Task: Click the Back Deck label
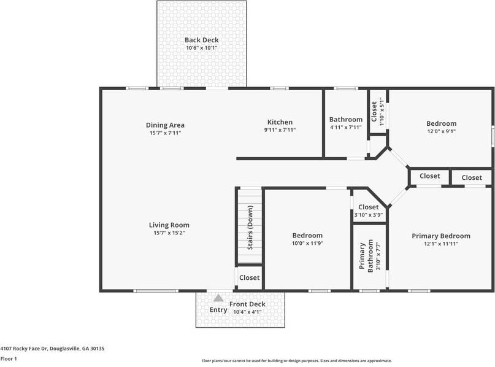click(201, 40)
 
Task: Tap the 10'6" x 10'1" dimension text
click(201, 48)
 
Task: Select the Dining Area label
click(165, 125)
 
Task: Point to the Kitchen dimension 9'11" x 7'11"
click(280, 130)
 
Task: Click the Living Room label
click(169, 225)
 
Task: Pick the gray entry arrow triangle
click(218, 298)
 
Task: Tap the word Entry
click(218, 310)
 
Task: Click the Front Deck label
click(247, 304)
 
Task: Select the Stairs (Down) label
click(250, 228)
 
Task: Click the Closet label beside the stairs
click(250, 277)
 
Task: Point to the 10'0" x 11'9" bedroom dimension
click(307, 243)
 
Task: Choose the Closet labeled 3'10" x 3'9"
click(369, 207)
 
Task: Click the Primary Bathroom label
click(366, 255)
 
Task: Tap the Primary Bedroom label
click(441, 236)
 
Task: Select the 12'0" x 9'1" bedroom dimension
click(442, 131)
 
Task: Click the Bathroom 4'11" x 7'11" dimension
click(346, 127)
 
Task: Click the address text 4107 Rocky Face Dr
click(24, 349)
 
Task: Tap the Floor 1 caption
click(9, 359)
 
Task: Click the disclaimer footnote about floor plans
click(297, 361)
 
